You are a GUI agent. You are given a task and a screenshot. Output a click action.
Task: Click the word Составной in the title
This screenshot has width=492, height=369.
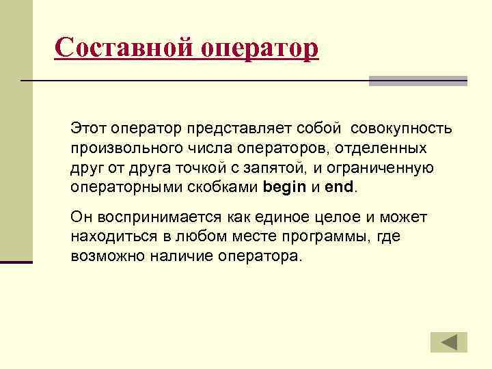124,49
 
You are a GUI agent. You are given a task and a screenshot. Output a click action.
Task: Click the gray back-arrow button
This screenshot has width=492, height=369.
448,342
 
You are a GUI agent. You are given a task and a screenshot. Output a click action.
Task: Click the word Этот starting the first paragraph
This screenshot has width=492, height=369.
87,129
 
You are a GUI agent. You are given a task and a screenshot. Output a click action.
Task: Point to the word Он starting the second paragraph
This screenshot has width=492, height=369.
79,218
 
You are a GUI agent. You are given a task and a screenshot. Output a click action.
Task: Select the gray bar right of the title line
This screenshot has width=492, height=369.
418,81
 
